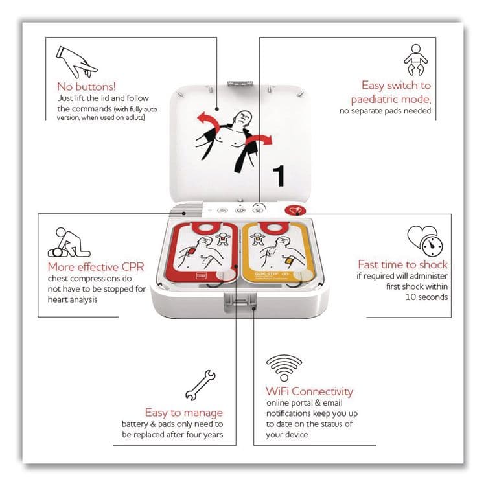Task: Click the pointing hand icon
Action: click(x=76, y=59)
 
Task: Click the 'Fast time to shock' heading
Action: click(x=402, y=264)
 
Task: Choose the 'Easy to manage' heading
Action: click(x=183, y=413)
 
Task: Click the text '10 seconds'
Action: click(x=426, y=297)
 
